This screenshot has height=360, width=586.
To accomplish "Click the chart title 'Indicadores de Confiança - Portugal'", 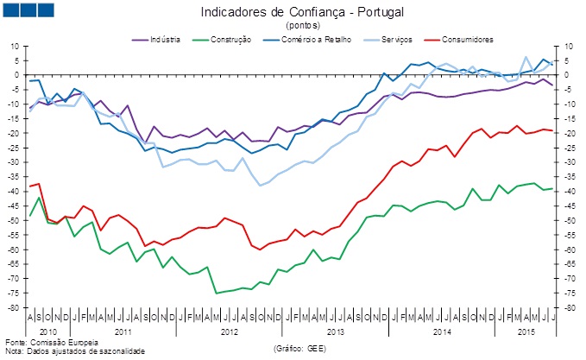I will pos(301,13).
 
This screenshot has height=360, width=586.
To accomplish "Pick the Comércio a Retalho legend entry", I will pos(307,40).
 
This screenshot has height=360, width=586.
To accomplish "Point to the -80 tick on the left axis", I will pos(14,308).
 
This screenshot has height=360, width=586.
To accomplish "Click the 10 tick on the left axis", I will pos(16,46).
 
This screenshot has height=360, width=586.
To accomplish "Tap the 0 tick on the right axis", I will pos(567,75).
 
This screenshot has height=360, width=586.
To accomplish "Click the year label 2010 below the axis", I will pos(47,332).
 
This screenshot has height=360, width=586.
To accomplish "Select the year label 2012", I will pos(229,332).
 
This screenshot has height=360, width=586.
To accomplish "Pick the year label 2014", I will pos(441,332).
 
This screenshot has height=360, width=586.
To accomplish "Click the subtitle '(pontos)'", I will pos(301,27).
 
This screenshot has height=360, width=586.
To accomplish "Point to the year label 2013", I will pos(335,332).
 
